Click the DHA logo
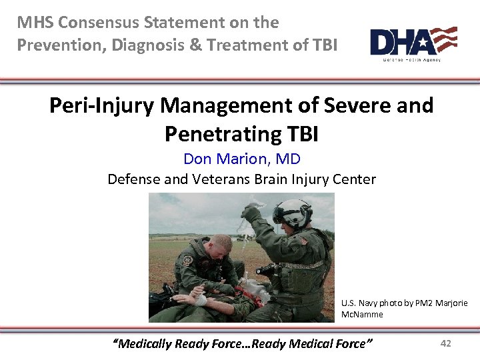click(x=413, y=42)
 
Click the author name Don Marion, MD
click(x=241, y=159)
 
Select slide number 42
click(x=446, y=343)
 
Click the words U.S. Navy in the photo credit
click(x=358, y=303)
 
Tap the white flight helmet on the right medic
click(x=292, y=211)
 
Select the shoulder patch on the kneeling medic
click(x=189, y=261)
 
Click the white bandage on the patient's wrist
click(x=199, y=300)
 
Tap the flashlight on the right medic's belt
click(x=267, y=269)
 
